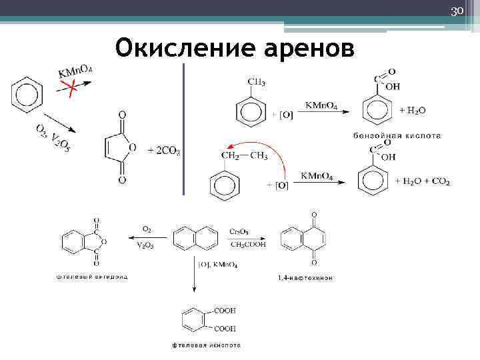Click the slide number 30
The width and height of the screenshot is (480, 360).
click(x=457, y=12)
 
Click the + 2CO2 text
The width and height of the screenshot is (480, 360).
click(x=164, y=151)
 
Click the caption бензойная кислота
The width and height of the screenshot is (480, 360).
click(x=397, y=135)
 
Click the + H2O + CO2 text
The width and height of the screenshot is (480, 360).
click(x=422, y=181)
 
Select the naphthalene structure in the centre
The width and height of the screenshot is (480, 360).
click(x=195, y=237)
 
